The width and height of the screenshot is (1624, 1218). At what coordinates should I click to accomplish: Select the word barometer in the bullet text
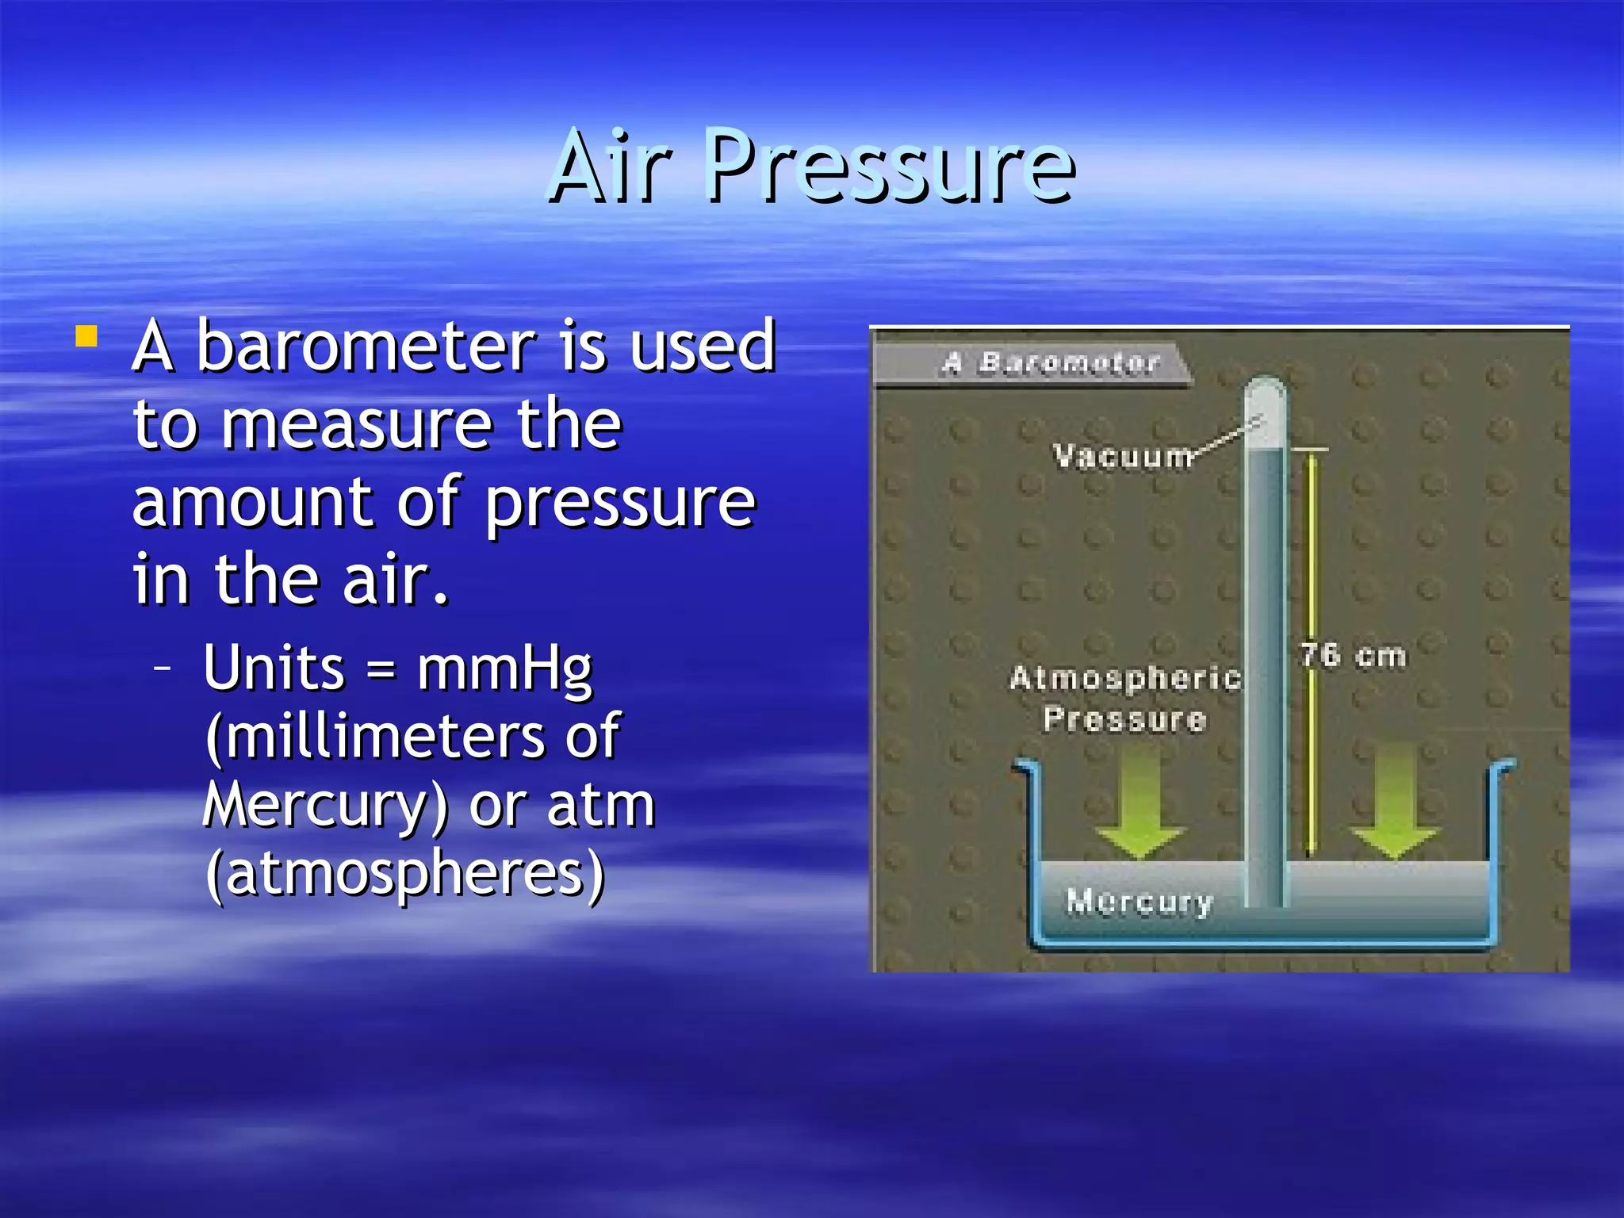pos(366,347)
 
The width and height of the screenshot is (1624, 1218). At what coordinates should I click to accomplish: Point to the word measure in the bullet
pos(357,426)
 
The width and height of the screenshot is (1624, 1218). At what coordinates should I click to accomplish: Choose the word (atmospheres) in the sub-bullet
pos(405,874)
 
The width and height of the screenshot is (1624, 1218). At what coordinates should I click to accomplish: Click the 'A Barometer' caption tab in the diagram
pos(1051,363)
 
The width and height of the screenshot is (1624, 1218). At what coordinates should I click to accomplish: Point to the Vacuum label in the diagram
pos(1123,457)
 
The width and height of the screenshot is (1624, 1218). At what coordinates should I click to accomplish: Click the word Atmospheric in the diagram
pos(1124,678)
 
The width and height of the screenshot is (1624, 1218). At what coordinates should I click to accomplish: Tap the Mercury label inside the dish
pos(1139,902)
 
